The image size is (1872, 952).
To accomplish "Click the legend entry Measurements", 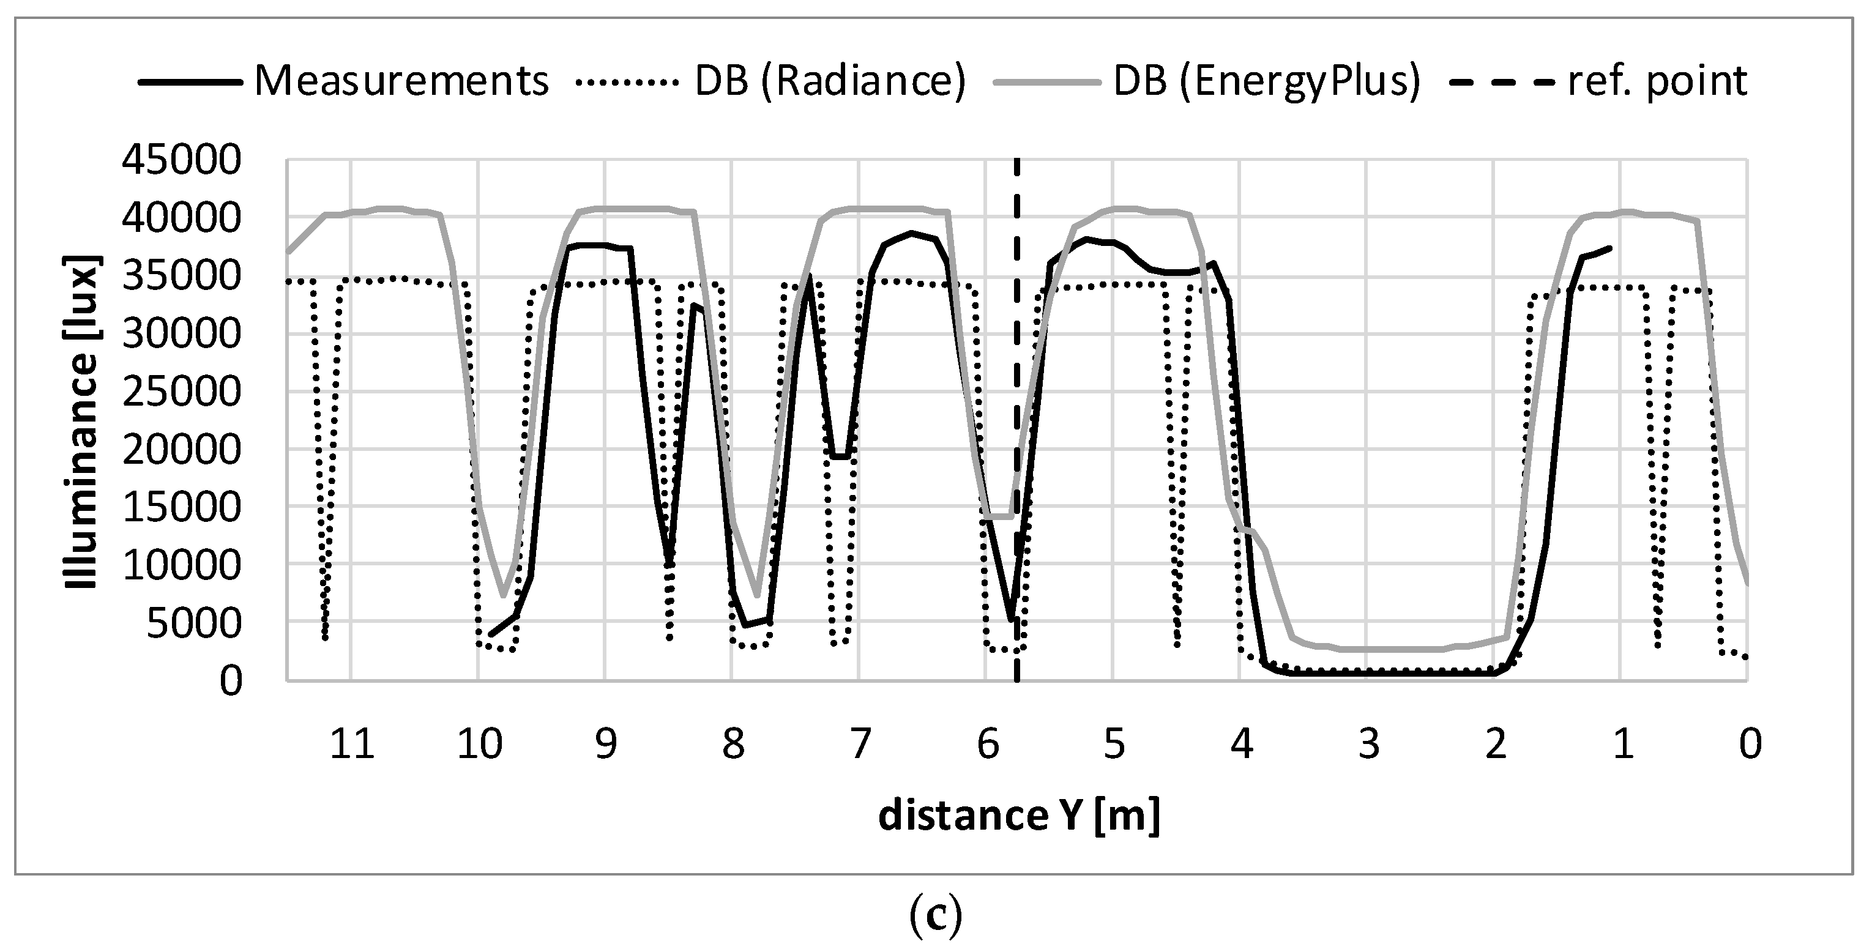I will tap(401, 81).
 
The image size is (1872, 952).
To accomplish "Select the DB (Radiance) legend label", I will tap(830, 81).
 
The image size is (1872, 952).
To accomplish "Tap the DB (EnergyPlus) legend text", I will tap(1266, 81).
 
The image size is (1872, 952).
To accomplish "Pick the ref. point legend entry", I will tap(1658, 81).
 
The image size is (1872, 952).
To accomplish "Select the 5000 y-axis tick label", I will tap(193, 623).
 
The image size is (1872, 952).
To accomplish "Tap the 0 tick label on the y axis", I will tap(230, 682).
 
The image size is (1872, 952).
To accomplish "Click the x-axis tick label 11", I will tap(352, 744).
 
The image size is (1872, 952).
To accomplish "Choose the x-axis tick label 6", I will tap(987, 744).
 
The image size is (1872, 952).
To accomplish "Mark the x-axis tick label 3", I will tap(1368, 744).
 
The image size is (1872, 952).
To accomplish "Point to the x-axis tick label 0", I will tap(1750, 744).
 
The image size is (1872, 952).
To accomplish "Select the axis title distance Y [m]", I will tap(1018, 816).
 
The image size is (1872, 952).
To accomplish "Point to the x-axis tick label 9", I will tap(605, 744).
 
